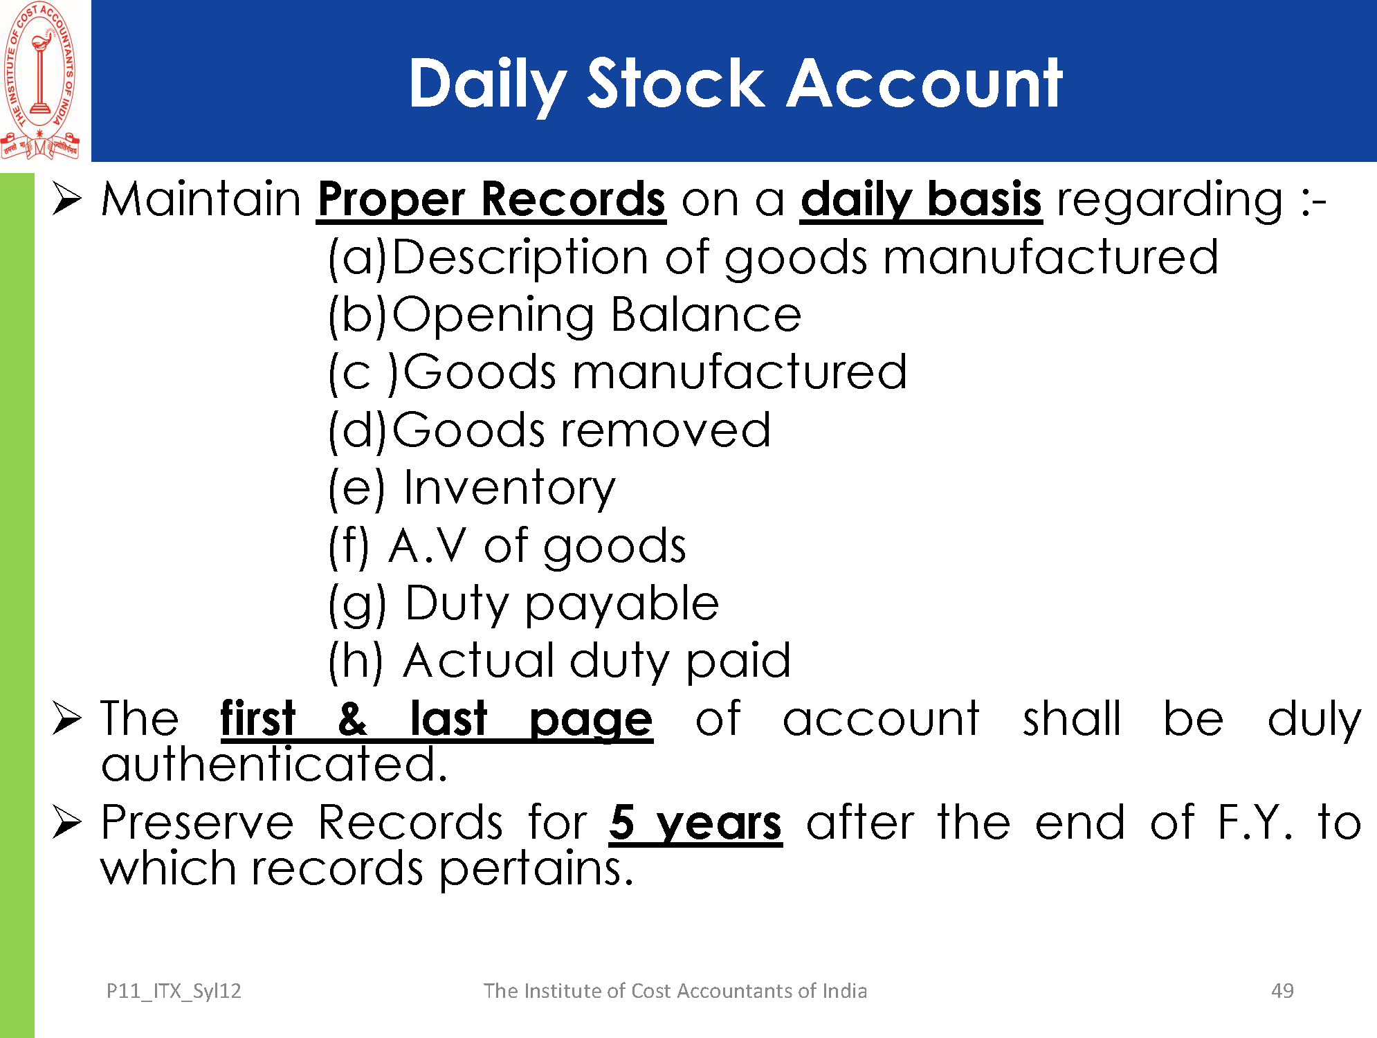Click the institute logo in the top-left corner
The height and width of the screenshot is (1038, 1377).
[x=40, y=80]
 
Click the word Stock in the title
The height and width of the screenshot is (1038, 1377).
[x=675, y=84]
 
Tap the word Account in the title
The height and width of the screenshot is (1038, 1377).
[x=924, y=84]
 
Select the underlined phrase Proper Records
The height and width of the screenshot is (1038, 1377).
[x=491, y=200]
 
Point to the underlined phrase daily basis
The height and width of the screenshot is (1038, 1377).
[x=921, y=200]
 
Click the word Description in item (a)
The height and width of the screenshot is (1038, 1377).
[x=521, y=257]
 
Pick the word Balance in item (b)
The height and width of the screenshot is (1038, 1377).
[x=706, y=315]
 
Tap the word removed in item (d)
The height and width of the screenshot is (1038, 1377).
[x=665, y=430]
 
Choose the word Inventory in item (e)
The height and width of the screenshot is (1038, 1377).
[x=509, y=489]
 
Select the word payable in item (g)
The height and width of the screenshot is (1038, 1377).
[x=622, y=604]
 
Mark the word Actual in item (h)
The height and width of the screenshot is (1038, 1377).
[x=478, y=661]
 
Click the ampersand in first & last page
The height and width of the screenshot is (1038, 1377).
[x=352, y=719]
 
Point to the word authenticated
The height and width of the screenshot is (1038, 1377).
[x=274, y=764]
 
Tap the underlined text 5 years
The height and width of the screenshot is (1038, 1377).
[x=695, y=823]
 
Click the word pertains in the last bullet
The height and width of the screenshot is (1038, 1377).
[x=536, y=869]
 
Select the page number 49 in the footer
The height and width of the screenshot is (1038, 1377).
[x=1282, y=991]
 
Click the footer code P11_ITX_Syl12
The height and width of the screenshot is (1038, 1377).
[x=174, y=992]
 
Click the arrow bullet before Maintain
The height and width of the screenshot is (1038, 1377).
[x=67, y=200]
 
